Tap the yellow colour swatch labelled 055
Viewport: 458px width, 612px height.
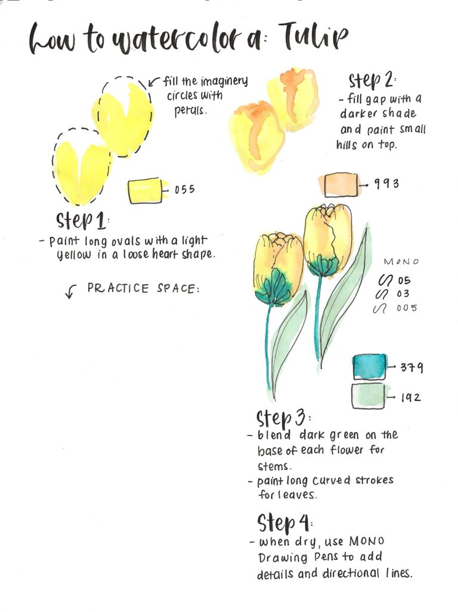[145, 190]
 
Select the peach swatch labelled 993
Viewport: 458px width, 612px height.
[340, 184]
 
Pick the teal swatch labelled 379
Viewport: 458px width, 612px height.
[370, 366]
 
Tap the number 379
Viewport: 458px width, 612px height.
[411, 367]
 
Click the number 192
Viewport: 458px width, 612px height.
[410, 397]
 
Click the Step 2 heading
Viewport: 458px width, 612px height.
[372, 81]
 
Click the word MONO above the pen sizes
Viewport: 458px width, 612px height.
[401, 262]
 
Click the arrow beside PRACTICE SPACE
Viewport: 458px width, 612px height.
[71, 291]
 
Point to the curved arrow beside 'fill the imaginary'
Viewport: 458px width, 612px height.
[153, 82]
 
